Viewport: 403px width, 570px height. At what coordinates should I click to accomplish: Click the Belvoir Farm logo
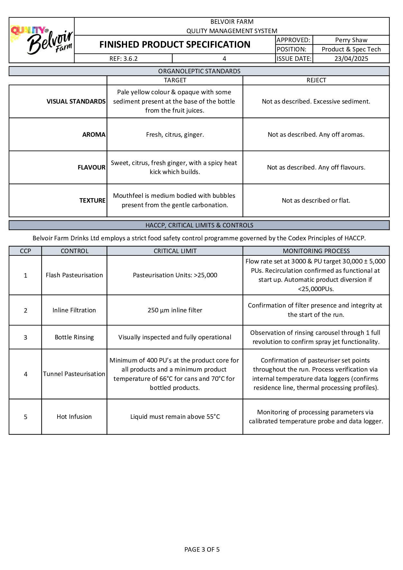[42, 41]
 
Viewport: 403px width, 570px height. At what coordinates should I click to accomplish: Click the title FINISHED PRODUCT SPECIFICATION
[175, 44]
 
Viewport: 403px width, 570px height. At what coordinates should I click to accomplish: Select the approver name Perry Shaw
[351, 40]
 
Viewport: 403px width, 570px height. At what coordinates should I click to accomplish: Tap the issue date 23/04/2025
[351, 59]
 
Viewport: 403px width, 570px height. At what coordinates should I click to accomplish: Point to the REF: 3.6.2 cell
[123, 59]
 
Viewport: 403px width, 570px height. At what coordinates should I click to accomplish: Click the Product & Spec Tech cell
[351, 49]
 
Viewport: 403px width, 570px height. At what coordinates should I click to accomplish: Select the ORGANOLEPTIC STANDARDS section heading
[199, 71]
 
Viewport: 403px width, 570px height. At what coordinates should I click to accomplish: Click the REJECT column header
[316, 80]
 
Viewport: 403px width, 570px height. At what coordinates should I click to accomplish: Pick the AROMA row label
[94, 134]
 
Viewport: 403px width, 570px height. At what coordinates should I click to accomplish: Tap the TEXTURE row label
[92, 200]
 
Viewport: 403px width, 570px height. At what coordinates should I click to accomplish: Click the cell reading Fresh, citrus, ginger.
[175, 134]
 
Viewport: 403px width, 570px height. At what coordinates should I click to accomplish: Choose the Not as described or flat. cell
[316, 200]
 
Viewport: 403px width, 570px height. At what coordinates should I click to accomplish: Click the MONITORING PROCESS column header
[316, 251]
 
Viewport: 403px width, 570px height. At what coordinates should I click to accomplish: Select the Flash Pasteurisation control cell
[74, 275]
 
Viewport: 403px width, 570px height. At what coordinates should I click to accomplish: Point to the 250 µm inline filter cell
[175, 310]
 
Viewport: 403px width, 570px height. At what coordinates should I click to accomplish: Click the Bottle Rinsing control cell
[74, 337]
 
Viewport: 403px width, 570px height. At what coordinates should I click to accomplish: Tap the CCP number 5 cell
[25, 417]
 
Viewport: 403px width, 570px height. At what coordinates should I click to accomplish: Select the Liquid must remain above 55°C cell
[175, 417]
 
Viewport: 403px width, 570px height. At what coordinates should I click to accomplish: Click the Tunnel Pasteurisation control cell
[74, 374]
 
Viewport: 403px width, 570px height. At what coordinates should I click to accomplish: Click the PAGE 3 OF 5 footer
[202, 549]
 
